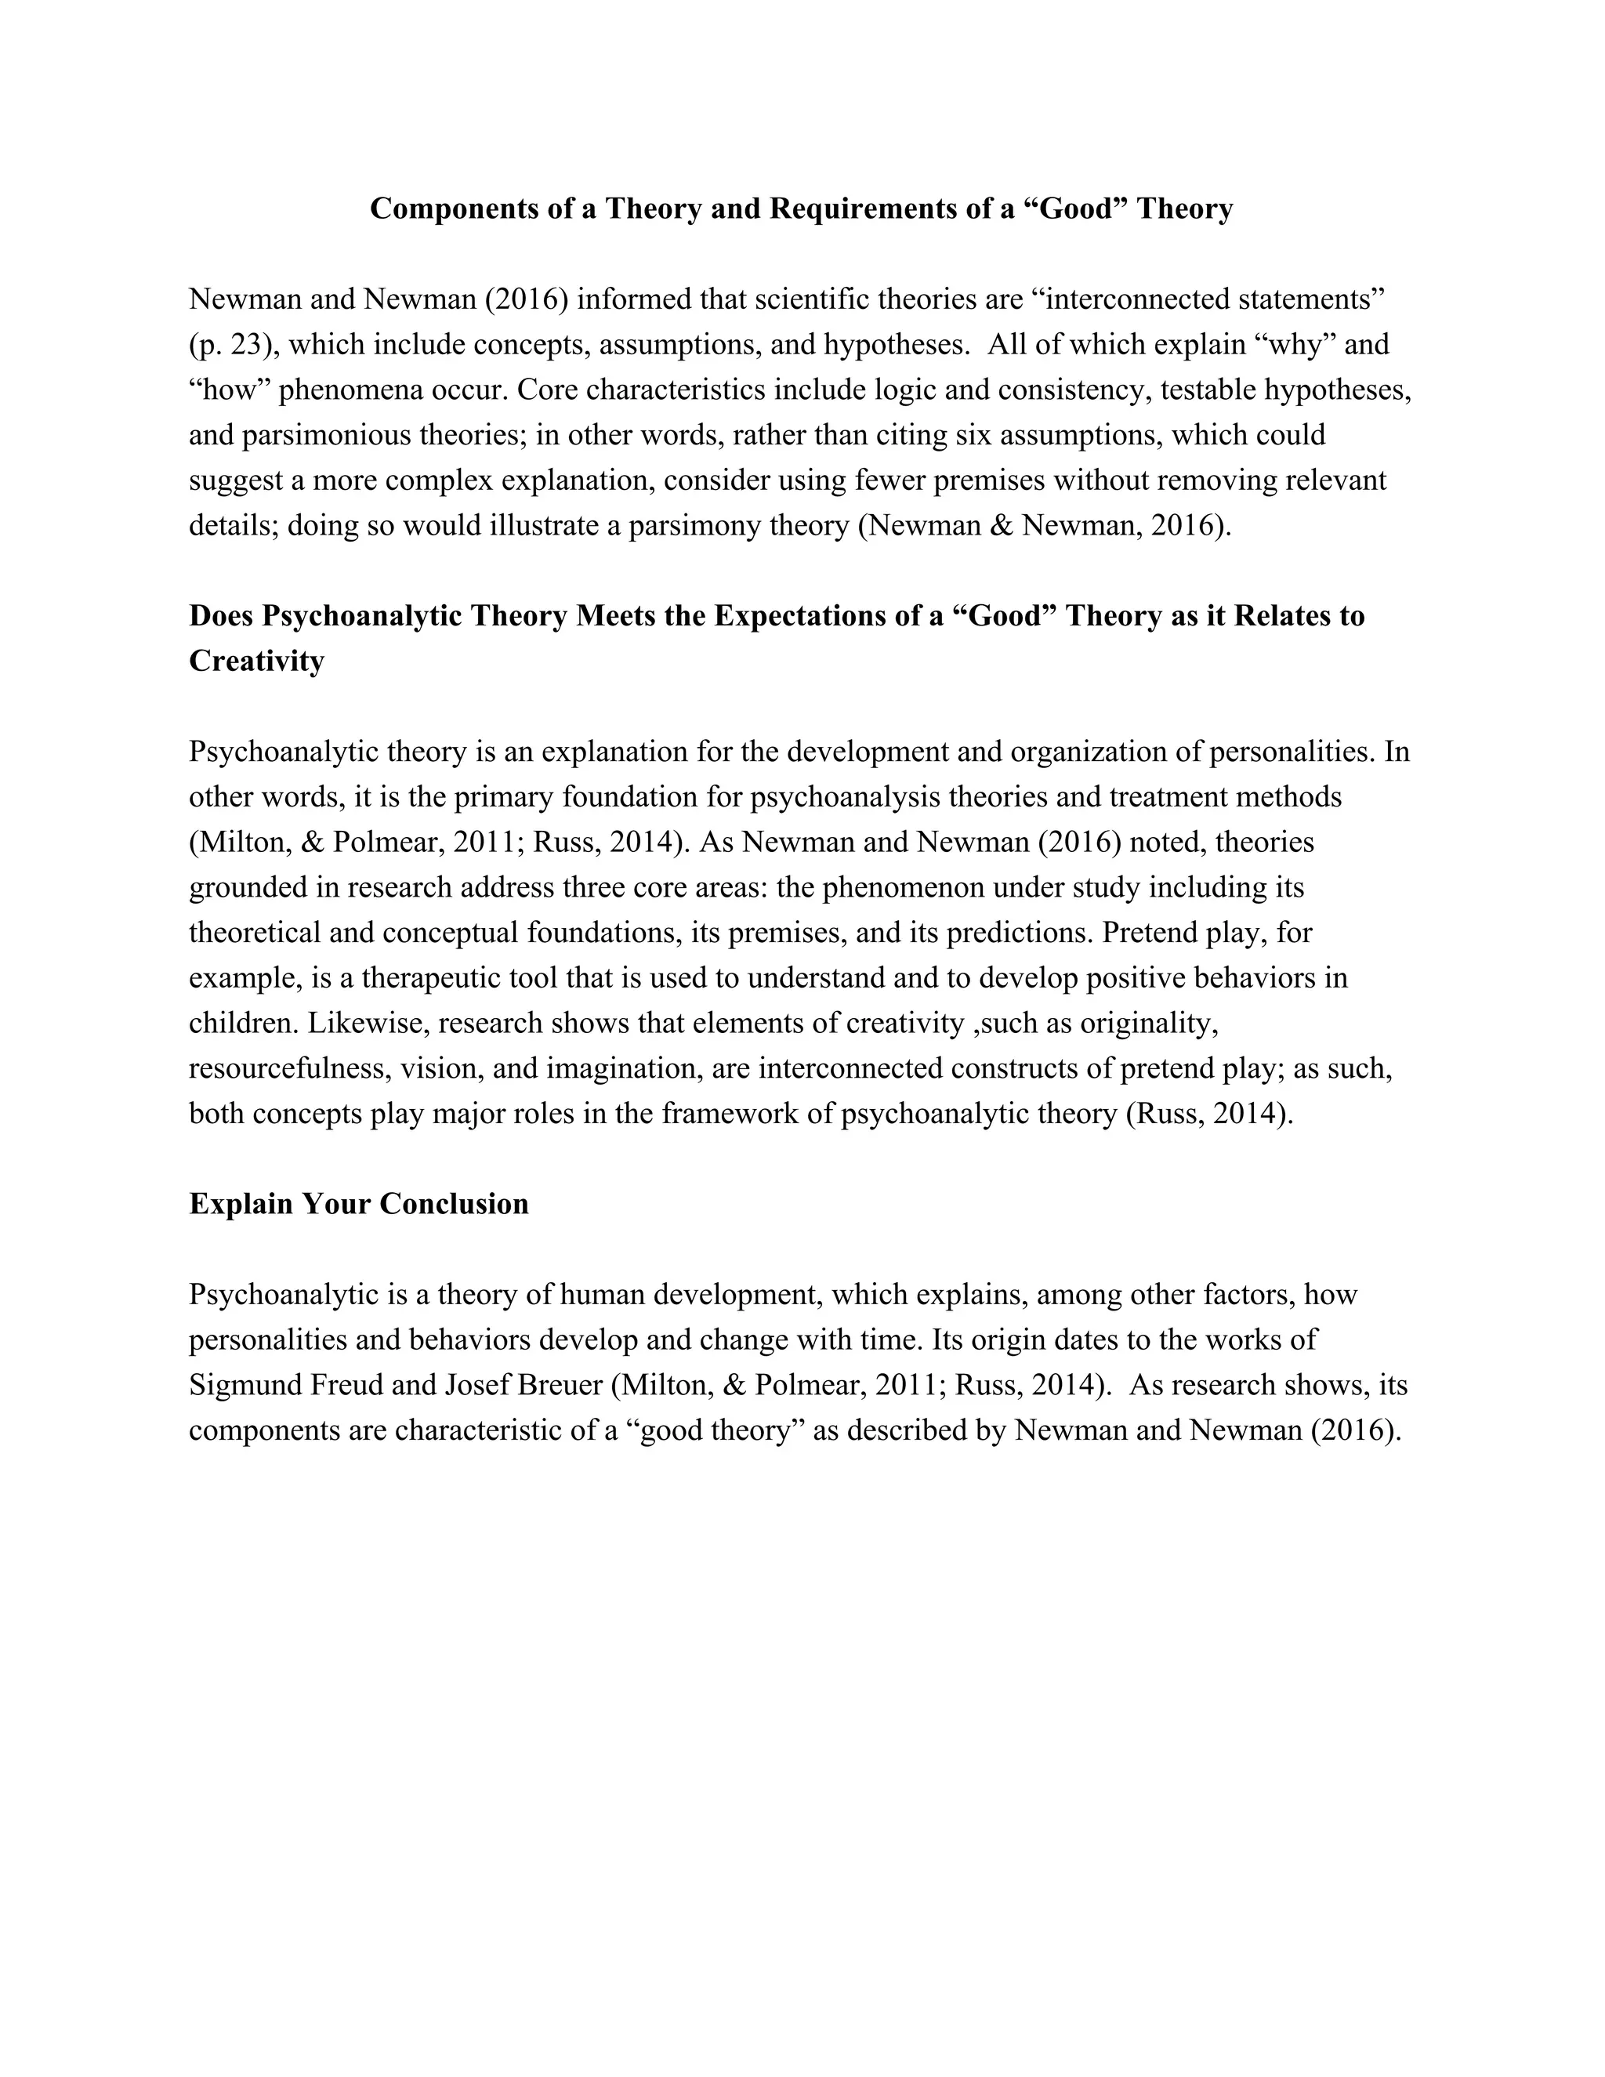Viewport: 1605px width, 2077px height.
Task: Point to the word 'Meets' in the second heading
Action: [x=614, y=616]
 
